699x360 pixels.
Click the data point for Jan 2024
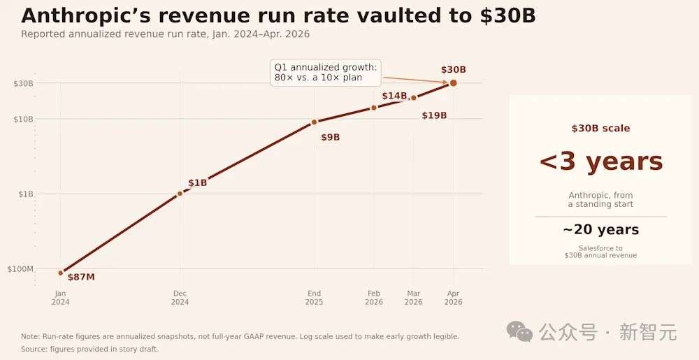tap(61, 273)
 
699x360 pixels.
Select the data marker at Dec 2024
tap(180, 194)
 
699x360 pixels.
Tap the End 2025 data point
tap(314, 122)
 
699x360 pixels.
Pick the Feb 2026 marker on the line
tap(373, 108)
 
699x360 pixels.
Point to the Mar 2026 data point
tap(413, 98)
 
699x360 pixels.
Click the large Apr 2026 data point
tap(453, 83)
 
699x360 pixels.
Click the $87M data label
tap(81, 277)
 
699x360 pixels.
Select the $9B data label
tap(331, 138)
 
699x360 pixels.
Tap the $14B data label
tap(394, 96)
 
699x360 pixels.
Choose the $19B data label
tap(434, 116)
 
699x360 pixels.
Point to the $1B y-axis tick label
tap(25, 194)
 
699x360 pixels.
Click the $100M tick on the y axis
tap(20, 269)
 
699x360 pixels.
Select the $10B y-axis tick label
tap(24, 119)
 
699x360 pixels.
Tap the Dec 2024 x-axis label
tap(180, 298)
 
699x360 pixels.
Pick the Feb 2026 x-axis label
tap(373, 298)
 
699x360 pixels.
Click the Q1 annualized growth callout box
tap(326, 73)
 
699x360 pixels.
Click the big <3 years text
tap(601, 161)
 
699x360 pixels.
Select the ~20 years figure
tap(600, 230)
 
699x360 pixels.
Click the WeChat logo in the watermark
tap(519, 331)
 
